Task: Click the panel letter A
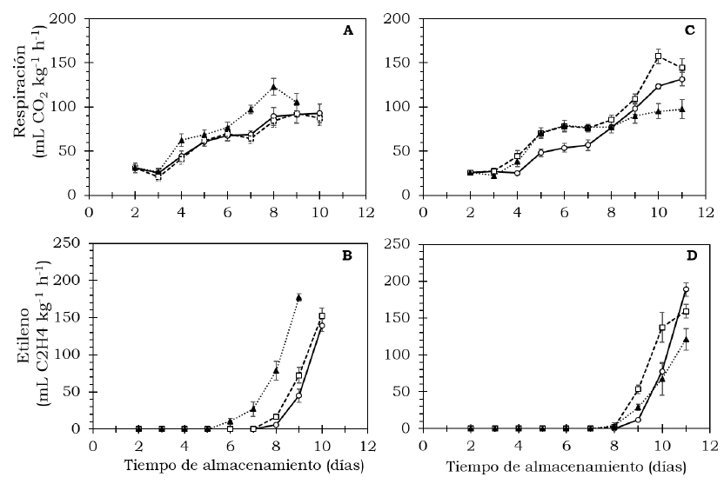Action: (x=348, y=30)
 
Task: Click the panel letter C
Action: (x=689, y=30)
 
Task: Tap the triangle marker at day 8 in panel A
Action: (x=273, y=87)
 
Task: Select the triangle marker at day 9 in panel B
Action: (x=298, y=298)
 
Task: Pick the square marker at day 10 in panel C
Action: (x=658, y=56)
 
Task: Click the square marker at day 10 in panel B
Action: (x=322, y=316)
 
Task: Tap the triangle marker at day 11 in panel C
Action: (x=682, y=109)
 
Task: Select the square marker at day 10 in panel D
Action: (x=662, y=328)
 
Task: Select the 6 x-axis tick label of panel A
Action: (x=228, y=211)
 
